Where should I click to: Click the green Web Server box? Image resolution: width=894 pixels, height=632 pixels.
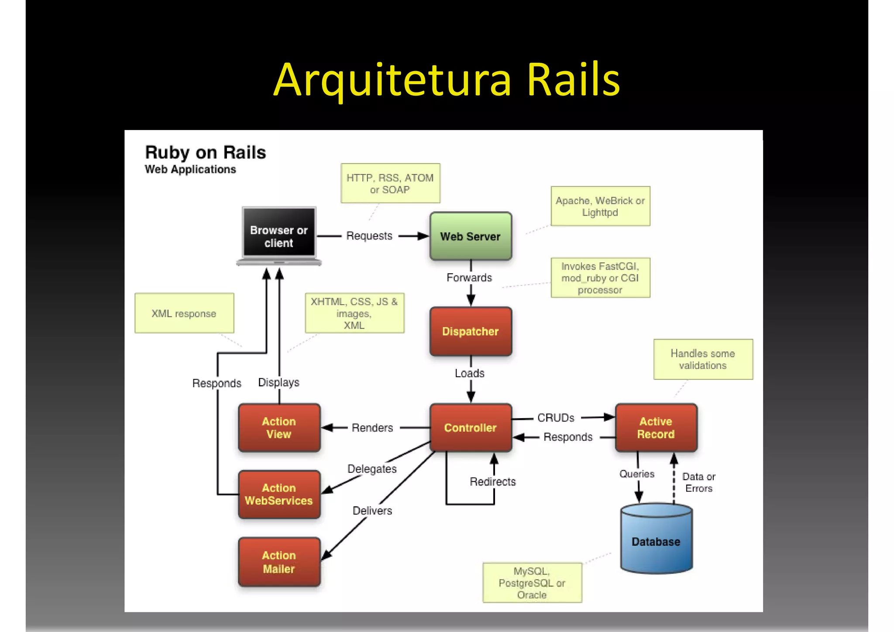tap(471, 236)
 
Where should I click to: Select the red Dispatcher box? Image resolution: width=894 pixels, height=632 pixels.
tap(471, 331)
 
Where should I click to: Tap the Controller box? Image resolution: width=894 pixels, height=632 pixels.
tap(471, 427)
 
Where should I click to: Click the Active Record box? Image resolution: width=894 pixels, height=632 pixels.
tap(656, 427)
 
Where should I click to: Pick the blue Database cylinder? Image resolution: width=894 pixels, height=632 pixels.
tap(656, 539)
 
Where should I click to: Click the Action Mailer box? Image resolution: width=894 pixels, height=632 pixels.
tap(279, 562)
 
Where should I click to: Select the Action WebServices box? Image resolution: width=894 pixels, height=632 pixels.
tap(279, 494)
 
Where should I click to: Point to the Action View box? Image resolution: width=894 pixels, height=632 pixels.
tap(279, 427)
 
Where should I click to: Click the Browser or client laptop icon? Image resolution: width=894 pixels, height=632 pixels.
tap(279, 236)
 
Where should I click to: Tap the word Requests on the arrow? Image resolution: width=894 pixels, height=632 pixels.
tap(369, 236)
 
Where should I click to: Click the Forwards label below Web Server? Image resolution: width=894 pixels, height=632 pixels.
tap(469, 278)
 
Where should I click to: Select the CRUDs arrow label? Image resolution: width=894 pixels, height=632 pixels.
tap(556, 418)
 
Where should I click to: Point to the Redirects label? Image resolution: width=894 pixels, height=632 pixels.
tap(492, 481)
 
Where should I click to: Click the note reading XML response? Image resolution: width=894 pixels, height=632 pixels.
tap(184, 313)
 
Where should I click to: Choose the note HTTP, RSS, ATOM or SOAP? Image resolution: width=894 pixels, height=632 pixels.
tap(390, 183)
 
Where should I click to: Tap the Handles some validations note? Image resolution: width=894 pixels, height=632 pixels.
tap(703, 359)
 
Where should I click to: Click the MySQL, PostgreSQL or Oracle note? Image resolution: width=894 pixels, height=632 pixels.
tap(532, 583)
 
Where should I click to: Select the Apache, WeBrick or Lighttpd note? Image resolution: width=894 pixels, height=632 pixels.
tap(600, 206)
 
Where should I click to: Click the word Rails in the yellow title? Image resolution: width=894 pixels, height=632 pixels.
tap(573, 80)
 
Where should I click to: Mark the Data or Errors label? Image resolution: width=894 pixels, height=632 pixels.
tap(698, 482)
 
